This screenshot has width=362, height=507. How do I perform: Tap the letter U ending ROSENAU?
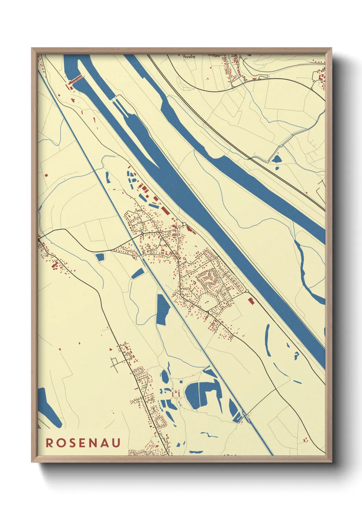(x=116, y=443)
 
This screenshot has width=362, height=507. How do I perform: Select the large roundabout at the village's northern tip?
(x=184, y=224)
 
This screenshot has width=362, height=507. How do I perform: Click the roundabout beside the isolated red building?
(x=247, y=291)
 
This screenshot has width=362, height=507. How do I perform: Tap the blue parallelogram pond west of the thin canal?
(x=138, y=273)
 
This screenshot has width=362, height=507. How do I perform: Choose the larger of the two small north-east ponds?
(x=276, y=159)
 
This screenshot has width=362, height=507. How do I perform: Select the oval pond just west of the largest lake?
(x=165, y=377)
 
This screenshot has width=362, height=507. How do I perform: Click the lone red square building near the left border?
(x=45, y=175)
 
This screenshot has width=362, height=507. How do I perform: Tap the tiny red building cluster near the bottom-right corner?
(x=306, y=439)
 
